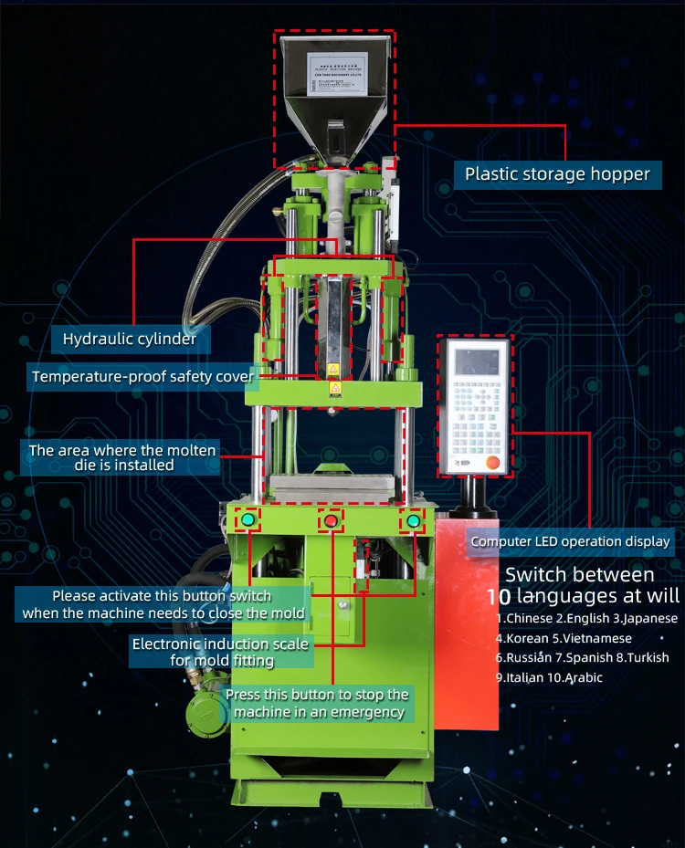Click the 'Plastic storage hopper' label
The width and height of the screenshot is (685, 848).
tap(557, 173)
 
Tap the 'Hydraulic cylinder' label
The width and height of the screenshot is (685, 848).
tap(130, 340)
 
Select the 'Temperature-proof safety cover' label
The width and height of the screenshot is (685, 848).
tap(142, 376)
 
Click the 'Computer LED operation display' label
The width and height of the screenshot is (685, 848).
tap(570, 541)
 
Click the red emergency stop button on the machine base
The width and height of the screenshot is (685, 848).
tap(331, 521)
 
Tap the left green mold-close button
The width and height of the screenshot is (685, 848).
tap(248, 520)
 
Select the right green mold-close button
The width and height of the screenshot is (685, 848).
tap(414, 520)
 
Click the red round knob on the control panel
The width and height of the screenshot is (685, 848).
tap(494, 462)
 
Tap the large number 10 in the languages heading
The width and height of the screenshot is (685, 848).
tap(499, 597)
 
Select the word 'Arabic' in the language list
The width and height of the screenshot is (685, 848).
tap(583, 677)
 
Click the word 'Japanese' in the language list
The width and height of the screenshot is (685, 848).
tap(650, 618)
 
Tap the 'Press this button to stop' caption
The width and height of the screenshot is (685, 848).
tap(317, 704)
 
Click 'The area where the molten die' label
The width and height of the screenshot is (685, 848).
tap(122, 457)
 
